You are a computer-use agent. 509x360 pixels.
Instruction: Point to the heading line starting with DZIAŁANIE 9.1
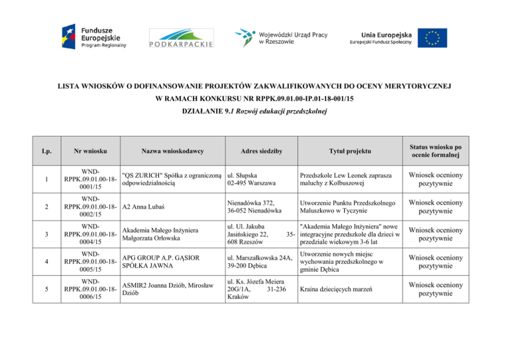254,113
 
